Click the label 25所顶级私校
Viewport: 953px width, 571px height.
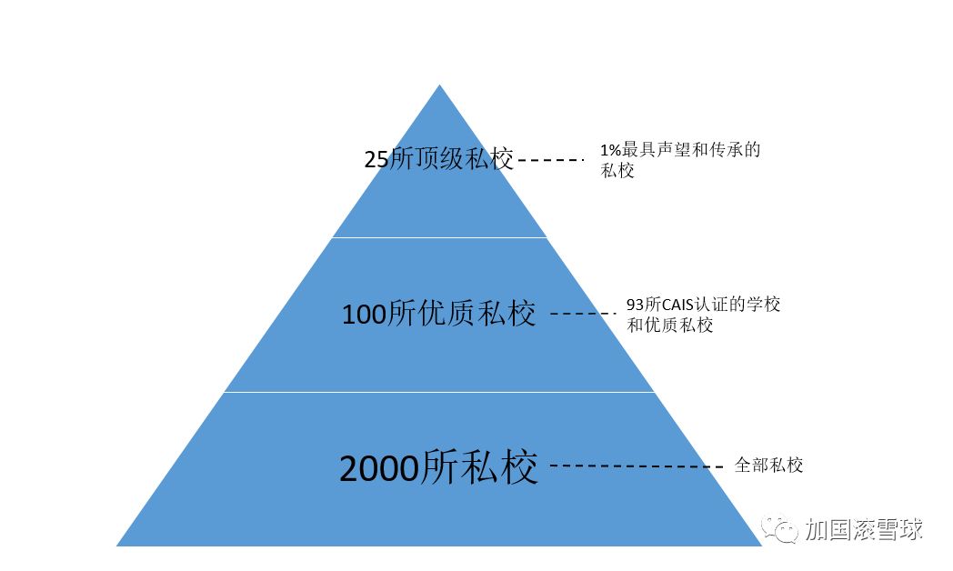(x=439, y=159)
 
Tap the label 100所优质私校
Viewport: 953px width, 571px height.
(x=438, y=315)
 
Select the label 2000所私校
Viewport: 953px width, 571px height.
(x=438, y=467)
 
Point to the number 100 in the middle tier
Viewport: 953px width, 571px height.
(x=364, y=316)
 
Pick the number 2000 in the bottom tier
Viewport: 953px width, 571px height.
(x=378, y=468)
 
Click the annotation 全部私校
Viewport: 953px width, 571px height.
(x=768, y=466)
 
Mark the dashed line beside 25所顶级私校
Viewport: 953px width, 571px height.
(x=550, y=160)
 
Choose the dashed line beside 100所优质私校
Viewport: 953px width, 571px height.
(x=583, y=315)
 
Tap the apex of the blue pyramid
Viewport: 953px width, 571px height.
(x=440, y=87)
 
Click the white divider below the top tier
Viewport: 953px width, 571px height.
(x=439, y=237)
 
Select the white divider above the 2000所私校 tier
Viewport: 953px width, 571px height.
(x=439, y=392)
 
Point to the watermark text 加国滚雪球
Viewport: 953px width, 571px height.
(x=863, y=529)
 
